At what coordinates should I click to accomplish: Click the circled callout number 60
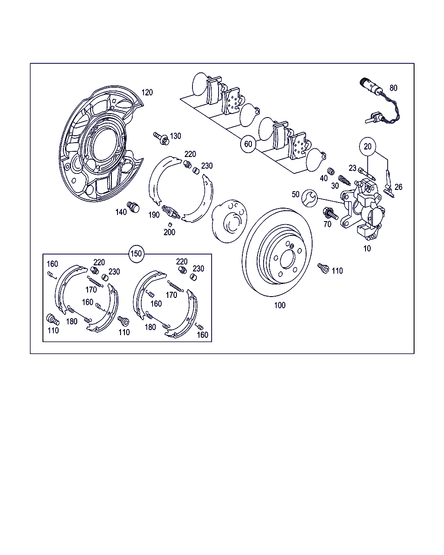click(248, 144)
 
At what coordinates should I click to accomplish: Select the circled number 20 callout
click(367, 147)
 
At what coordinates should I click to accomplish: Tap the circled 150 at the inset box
click(136, 254)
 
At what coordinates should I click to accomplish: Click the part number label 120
click(147, 92)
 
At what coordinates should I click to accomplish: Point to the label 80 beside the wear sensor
click(393, 88)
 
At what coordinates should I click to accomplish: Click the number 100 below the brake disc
click(280, 305)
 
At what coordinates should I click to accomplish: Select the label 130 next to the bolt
click(175, 136)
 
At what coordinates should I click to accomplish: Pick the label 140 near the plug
click(121, 212)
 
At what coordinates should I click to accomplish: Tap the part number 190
click(154, 215)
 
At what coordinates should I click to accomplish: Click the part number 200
click(169, 232)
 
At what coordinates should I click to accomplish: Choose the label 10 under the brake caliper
click(367, 249)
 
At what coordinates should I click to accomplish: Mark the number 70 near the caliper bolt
click(327, 224)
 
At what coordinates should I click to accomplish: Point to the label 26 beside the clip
click(398, 187)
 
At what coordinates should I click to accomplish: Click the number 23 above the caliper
click(352, 168)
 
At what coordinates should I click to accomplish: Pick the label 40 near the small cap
click(324, 178)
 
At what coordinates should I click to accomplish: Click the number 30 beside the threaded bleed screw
click(335, 186)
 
